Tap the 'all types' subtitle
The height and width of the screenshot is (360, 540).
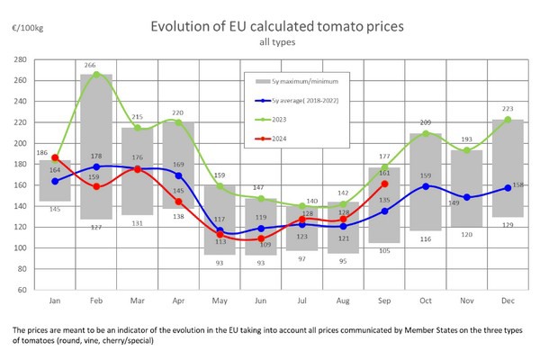click(x=270, y=42)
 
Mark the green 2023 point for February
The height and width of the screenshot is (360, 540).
click(x=97, y=75)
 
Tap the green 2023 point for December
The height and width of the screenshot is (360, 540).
click(x=508, y=120)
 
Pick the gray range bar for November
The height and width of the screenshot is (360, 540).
click(x=466, y=193)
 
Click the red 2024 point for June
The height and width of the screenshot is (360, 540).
click(x=261, y=238)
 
